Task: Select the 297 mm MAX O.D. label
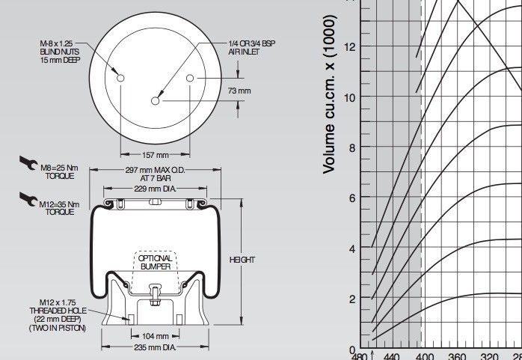coord(155,174)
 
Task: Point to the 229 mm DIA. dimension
coord(155,190)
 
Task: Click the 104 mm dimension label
coord(155,336)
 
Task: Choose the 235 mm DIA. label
coord(156,347)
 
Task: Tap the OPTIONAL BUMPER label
coord(155,262)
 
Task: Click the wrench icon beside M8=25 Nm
coord(28,163)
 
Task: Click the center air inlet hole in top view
coord(156,101)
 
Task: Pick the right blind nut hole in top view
coord(191,79)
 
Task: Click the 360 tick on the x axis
coord(457,355)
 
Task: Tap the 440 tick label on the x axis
coord(391,355)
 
